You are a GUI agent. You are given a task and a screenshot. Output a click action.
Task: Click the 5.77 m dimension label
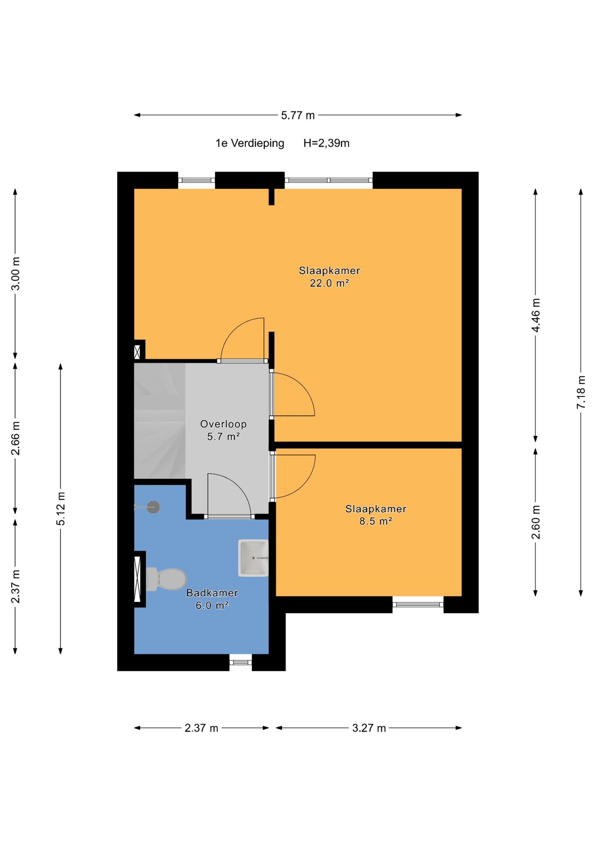click(298, 115)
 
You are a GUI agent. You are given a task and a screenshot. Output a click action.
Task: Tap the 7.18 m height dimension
click(581, 392)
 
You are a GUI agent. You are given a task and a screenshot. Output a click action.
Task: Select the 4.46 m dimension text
click(536, 315)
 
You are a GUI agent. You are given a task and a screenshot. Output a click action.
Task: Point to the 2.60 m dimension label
click(536, 523)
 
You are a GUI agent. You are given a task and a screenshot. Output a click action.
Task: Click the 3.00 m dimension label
click(15, 274)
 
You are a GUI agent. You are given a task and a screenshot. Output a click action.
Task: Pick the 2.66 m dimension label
click(15, 438)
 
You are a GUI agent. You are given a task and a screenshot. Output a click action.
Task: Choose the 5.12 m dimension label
click(61, 509)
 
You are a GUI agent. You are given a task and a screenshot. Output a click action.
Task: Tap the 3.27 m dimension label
click(369, 728)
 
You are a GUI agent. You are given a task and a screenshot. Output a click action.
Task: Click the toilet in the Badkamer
click(166, 579)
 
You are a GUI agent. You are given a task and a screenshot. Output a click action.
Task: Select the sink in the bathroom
click(253, 558)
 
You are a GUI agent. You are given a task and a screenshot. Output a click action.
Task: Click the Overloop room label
click(223, 424)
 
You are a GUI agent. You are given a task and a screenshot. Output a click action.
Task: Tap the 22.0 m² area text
click(329, 283)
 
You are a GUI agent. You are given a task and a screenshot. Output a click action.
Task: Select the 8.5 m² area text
click(376, 521)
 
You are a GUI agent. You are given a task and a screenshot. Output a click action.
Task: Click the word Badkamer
click(212, 593)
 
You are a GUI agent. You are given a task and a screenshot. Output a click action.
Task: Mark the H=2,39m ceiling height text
click(327, 143)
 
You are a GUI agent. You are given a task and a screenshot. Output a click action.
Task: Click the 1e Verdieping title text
click(250, 143)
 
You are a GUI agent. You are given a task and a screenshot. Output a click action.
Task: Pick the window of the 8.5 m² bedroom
click(418, 605)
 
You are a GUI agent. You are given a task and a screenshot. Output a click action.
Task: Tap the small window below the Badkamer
click(241, 662)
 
